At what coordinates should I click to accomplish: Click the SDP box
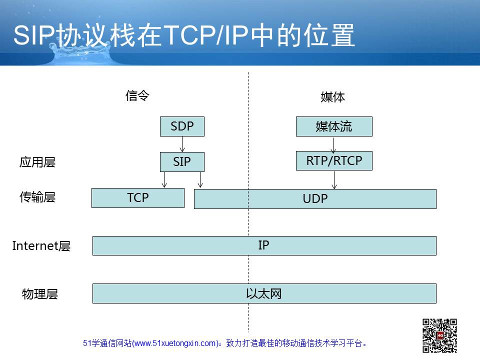pyautogui.click(x=182, y=126)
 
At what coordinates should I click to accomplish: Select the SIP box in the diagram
pyautogui.click(x=182, y=162)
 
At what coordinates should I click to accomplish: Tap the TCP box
pyautogui.click(x=138, y=198)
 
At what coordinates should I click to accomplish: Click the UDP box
pyautogui.click(x=315, y=199)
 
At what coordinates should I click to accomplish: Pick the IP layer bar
pyautogui.click(x=264, y=245)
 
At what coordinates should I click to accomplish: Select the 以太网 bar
pyautogui.click(x=264, y=293)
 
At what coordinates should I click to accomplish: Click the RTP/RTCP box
pyautogui.click(x=334, y=160)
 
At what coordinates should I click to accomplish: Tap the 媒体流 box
pyautogui.click(x=334, y=126)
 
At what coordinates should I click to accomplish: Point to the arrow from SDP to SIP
pyautogui.click(x=182, y=144)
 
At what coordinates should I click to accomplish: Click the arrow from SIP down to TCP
pyautogui.click(x=164, y=179)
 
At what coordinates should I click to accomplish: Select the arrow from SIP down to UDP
pyautogui.click(x=200, y=179)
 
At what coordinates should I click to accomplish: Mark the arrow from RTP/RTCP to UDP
pyautogui.click(x=334, y=180)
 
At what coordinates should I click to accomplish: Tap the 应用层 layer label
pyautogui.click(x=37, y=162)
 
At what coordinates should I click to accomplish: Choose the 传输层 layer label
pyautogui.click(x=37, y=197)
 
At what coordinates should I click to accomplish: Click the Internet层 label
pyautogui.click(x=41, y=246)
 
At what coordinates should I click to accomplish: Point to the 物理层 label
pyautogui.click(x=40, y=294)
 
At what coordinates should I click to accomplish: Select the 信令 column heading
pyautogui.click(x=137, y=95)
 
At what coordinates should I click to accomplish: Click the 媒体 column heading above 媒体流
pyautogui.click(x=333, y=97)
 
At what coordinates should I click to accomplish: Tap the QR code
pyautogui.click(x=440, y=336)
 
